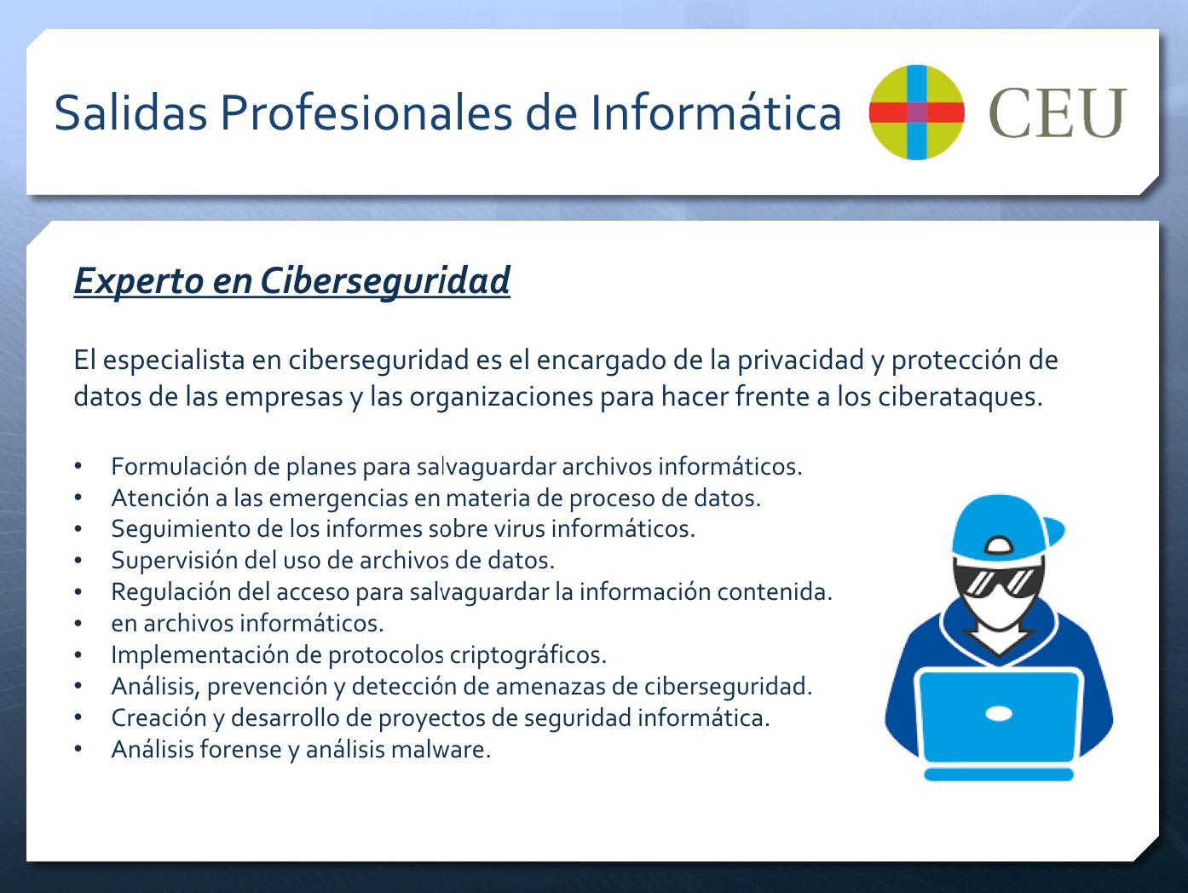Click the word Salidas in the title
130,112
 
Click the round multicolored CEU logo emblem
916,112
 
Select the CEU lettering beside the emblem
1058,113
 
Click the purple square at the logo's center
916,112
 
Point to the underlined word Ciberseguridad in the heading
385,281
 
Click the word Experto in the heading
139,282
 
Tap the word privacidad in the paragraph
801,360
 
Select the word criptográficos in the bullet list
528,655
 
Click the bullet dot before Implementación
78,654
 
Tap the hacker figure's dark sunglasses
999,581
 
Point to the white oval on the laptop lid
999,714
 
